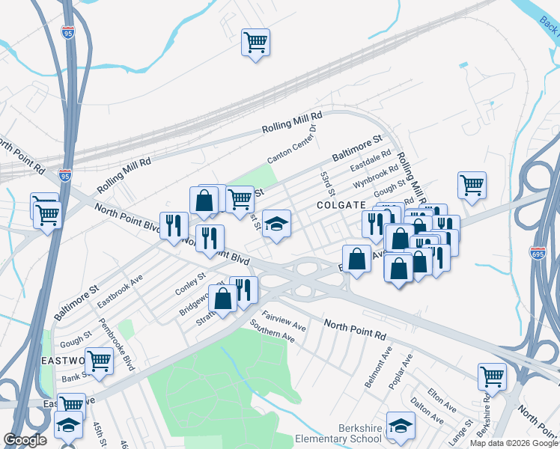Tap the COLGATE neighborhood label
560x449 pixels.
pyautogui.click(x=341, y=204)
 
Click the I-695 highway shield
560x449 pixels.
pyautogui.click(x=537, y=253)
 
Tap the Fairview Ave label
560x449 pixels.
pyautogui.click(x=284, y=321)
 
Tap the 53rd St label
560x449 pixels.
pyautogui.click(x=326, y=181)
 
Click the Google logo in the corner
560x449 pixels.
pyautogui.click(x=25, y=440)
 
